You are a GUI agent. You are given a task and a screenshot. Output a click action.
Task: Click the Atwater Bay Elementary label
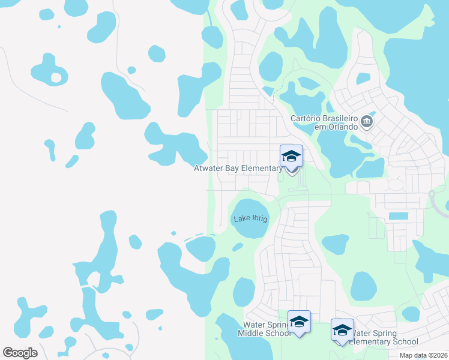pyautogui.click(x=238, y=169)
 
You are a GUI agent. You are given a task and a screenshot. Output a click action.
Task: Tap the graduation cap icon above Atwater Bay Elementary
pyautogui.click(x=291, y=157)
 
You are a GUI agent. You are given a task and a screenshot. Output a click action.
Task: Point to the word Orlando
pyautogui.click(x=342, y=127)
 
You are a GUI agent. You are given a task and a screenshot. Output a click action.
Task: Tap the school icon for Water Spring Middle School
pyautogui.click(x=299, y=322)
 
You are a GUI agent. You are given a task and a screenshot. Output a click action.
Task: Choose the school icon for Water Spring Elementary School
pyautogui.click(x=342, y=329)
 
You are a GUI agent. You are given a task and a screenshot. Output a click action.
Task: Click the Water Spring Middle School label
pyautogui.click(x=265, y=328)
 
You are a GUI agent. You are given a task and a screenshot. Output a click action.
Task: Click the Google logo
pyautogui.click(x=20, y=353)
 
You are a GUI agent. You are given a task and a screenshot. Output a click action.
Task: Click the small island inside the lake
pyautogui.click(x=56, y=77)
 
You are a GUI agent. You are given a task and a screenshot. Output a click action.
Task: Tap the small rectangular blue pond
pyautogui.click(x=398, y=216)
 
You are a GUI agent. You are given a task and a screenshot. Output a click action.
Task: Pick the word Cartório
pyautogui.click(x=306, y=119)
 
